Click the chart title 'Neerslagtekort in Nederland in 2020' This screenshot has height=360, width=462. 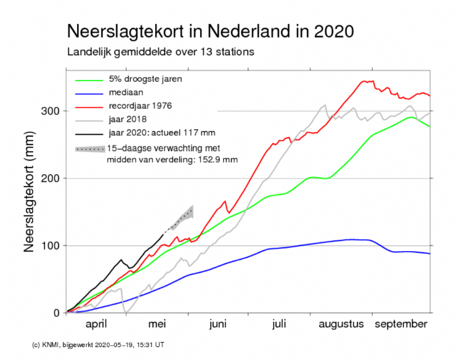[209, 31]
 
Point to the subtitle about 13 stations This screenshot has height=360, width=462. [160, 52]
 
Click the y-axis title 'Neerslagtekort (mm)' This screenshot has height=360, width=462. [28, 194]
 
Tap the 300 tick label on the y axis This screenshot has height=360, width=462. [52, 111]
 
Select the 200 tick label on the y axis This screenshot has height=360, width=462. [52, 178]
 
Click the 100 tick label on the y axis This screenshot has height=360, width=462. [52, 246]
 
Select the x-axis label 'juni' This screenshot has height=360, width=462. [218, 324]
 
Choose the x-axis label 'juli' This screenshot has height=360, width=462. [279, 324]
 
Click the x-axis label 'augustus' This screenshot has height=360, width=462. [342, 324]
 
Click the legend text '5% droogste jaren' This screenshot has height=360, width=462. [145, 79]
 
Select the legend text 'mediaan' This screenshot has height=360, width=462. [126, 92]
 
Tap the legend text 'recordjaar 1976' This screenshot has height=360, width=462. [141, 105]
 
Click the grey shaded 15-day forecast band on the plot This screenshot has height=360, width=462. [183, 218]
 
